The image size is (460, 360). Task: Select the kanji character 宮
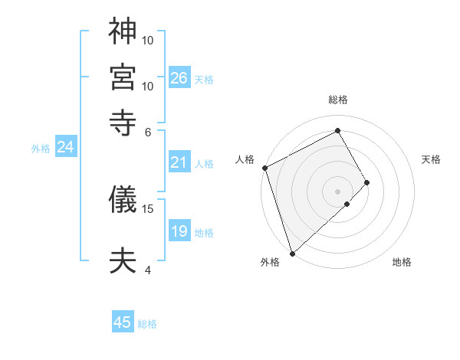point(123,75)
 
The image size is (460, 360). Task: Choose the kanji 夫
point(123,260)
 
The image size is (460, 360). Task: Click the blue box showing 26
point(179,78)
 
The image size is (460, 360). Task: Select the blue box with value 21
point(179,162)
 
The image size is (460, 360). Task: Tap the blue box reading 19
point(179,231)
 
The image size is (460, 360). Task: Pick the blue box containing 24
point(65,147)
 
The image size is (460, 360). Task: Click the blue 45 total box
point(123,322)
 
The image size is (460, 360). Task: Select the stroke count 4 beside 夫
point(148,270)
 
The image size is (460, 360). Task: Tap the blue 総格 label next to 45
point(147,324)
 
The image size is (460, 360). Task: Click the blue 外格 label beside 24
point(41,149)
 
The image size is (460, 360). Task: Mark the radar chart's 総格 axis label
point(338,100)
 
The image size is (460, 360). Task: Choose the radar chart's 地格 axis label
point(402,263)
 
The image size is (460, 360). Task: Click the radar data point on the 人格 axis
point(264,168)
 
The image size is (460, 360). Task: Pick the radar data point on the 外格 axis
point(292,253)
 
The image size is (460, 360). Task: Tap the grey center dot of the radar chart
point(338,191)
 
